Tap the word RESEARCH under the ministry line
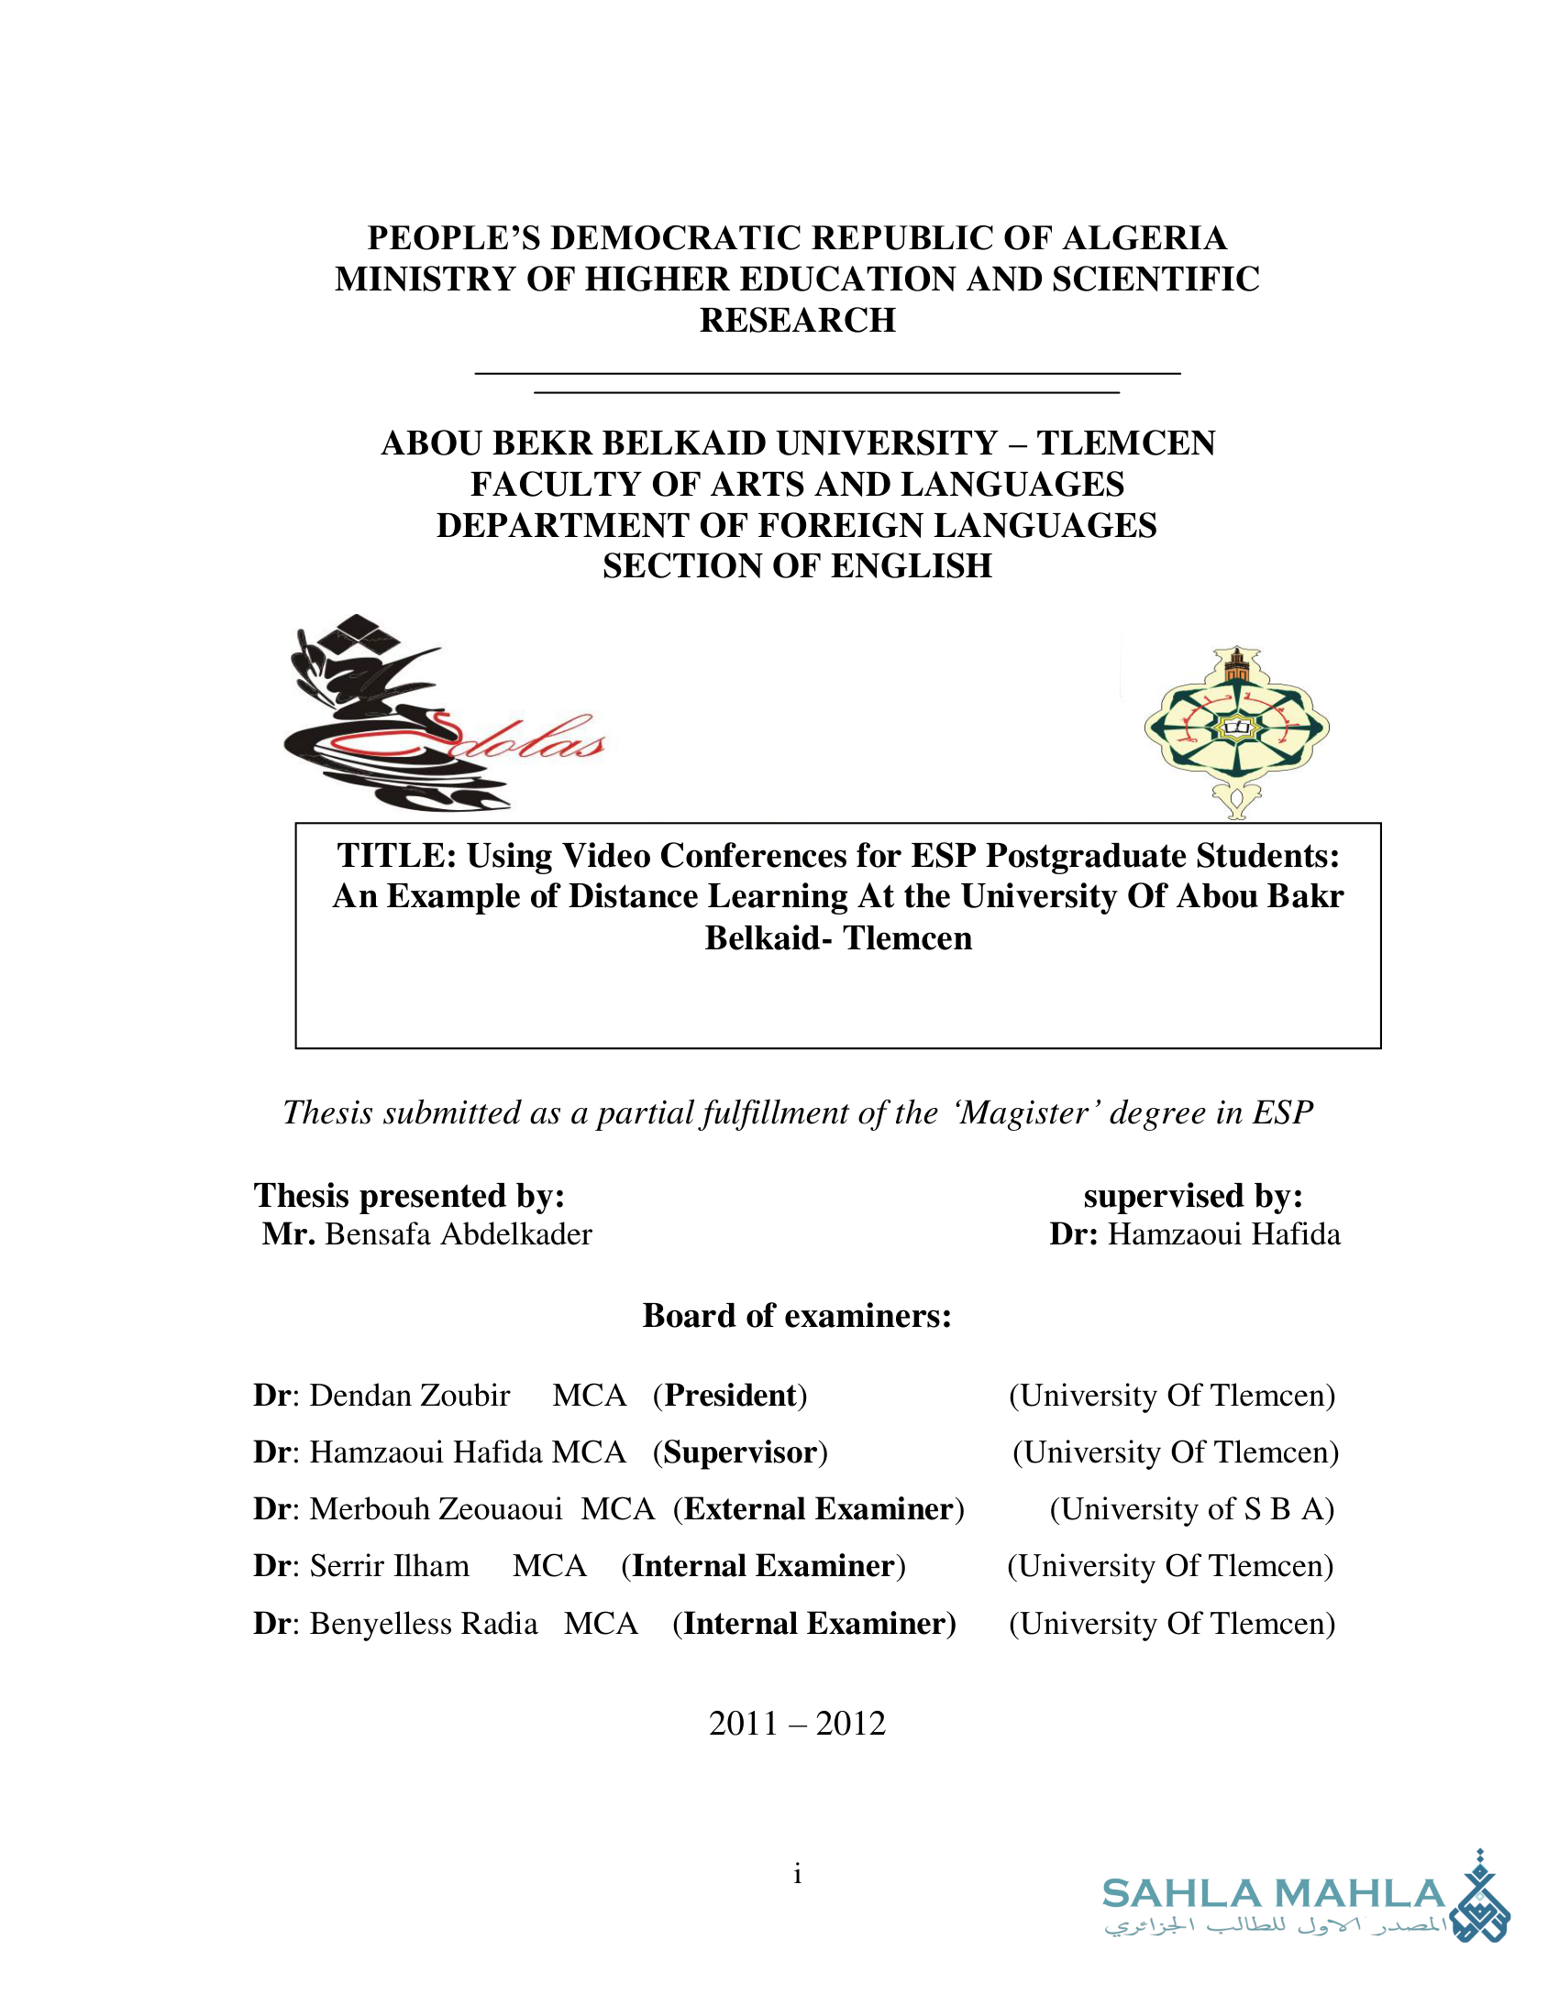click(797, 321)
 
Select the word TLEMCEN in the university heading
click(1125, 444)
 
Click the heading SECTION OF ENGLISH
click(797, 565)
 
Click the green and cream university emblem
click(1236, 729)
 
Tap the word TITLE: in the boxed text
click(397, 856)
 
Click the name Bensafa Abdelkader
click(459, 1234)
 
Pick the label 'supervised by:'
click(1193, 1195)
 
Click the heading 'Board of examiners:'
click(797, 1315)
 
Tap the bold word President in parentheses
click(730, 1395)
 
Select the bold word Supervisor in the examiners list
click(740, 1452)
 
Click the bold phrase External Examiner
click(818, 1508)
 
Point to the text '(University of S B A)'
click(1191, 1508)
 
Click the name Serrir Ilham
click(389, 1565)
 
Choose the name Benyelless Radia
click(423, 1623)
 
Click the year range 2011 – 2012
click(797, 1724)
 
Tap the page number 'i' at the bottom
click(797, 1874)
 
